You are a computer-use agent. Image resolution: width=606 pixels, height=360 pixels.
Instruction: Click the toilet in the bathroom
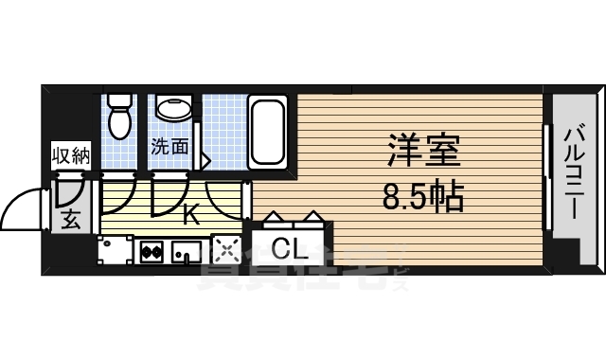point(118,116)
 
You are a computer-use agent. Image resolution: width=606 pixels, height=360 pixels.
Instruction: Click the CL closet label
point(288,249)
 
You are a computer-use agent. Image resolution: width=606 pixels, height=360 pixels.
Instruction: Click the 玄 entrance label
point(71,222)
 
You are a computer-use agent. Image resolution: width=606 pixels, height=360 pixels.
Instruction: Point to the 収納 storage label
point(70,155)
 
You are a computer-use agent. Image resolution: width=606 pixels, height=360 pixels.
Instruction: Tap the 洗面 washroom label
point(169,147)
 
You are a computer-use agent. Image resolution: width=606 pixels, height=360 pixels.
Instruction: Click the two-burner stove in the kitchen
point(151,252)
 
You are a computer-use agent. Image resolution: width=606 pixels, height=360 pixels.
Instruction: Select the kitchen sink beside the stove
point(186,253)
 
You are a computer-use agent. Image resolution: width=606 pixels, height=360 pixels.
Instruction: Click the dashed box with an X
point(226,251)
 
